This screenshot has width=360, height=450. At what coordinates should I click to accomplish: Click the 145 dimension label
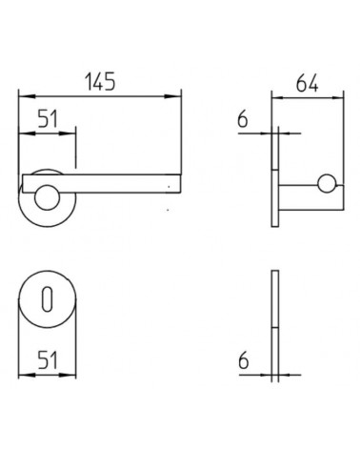tap(100, 81)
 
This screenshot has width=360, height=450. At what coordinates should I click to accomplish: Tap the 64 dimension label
tap(307, 84)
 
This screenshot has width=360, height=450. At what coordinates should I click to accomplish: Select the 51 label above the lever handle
tap(48, 119)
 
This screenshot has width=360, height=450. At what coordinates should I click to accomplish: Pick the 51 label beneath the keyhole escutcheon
tap(48, 360)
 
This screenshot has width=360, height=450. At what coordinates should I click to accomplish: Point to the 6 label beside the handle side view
tap(243, 119)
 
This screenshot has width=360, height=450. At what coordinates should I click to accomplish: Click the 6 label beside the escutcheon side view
tap(243, 360)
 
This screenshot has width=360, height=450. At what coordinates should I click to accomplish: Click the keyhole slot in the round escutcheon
tap(47, 298)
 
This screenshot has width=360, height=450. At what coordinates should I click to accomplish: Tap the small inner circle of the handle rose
tap(47, 197)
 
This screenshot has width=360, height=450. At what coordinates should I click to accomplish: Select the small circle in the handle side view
tap(327, 184)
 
